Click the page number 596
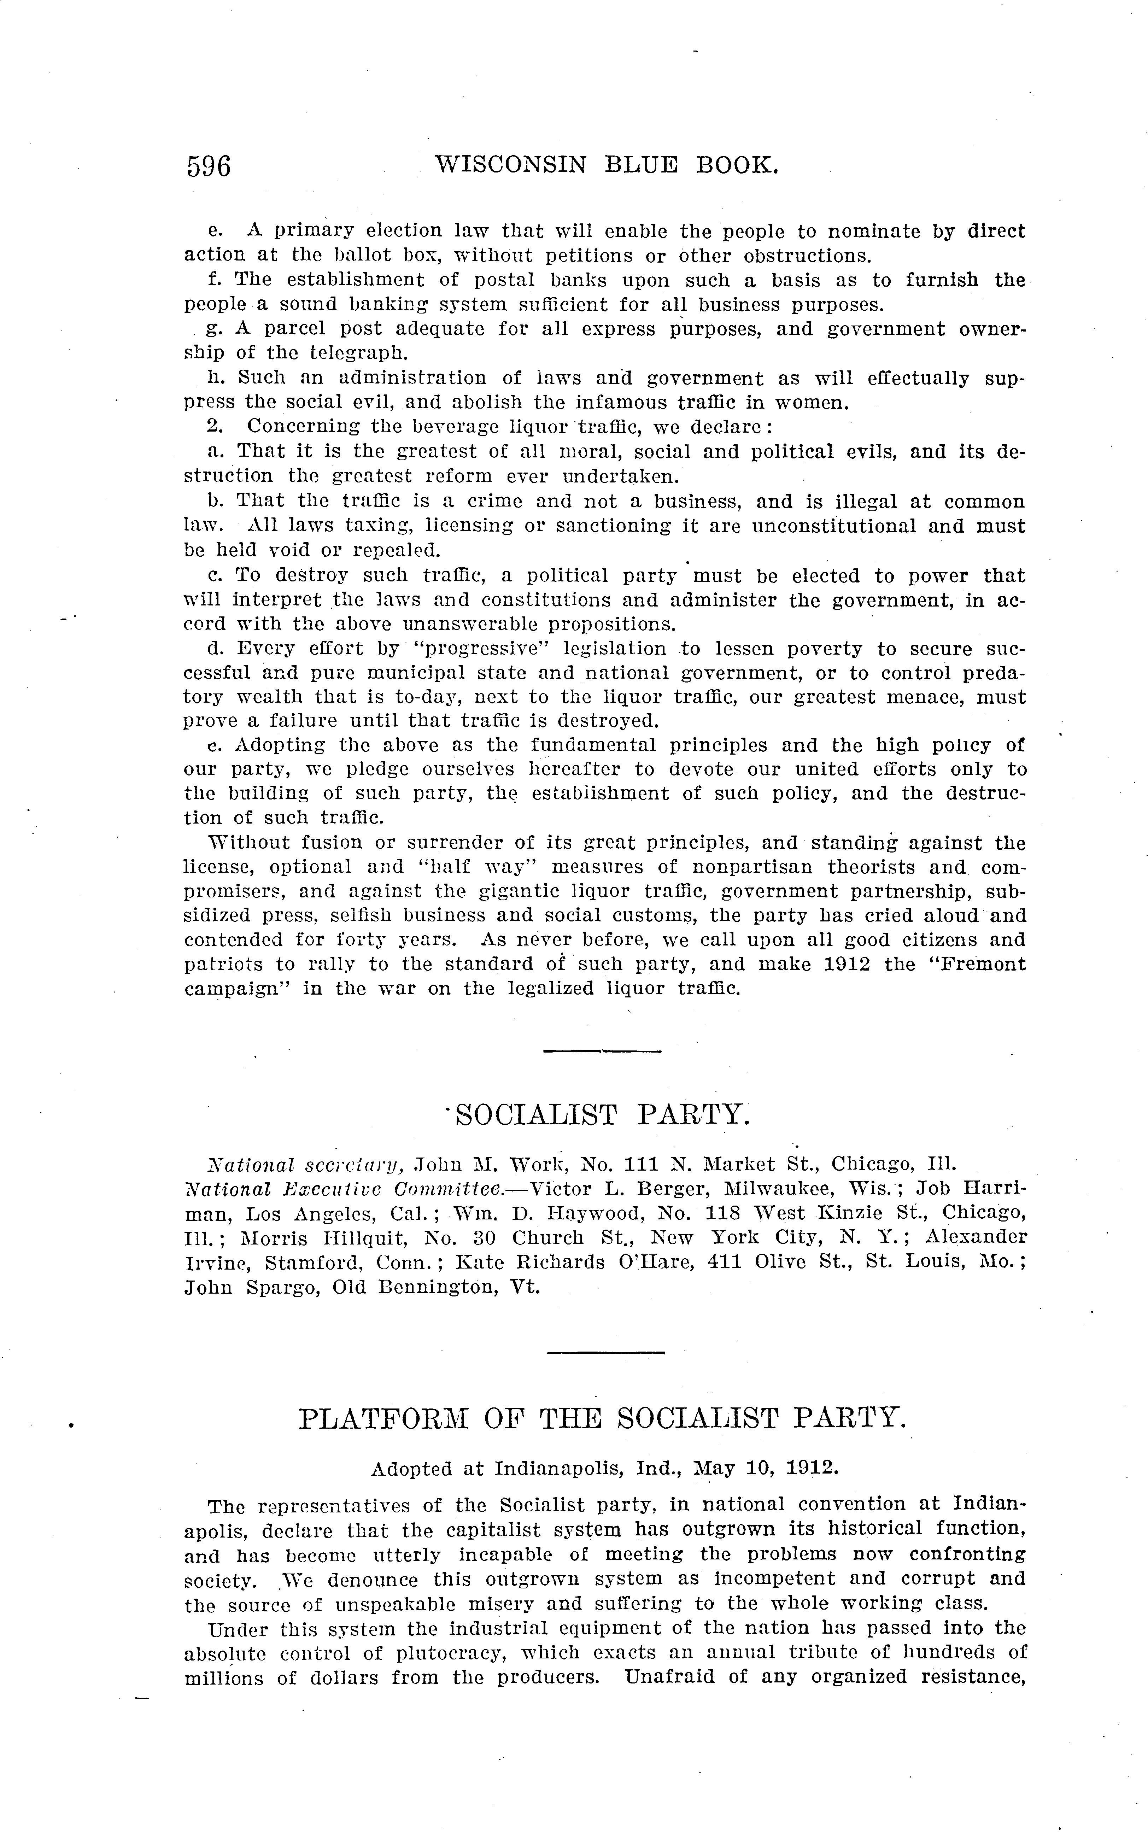[209, 165]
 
